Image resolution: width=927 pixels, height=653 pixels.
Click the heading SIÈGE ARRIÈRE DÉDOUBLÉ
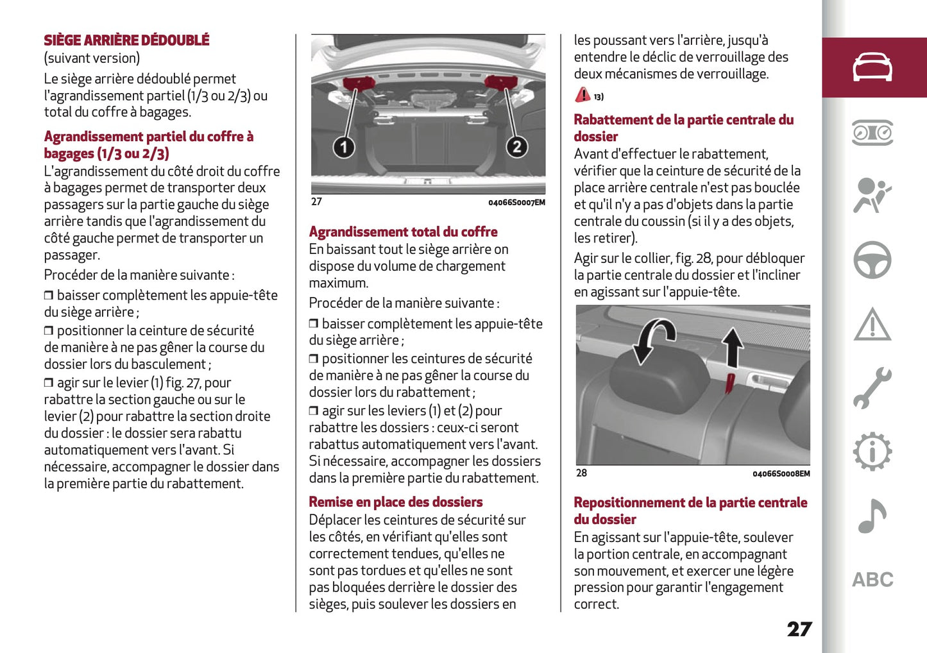(126, 40)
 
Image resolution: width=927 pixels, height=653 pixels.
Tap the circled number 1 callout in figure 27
(343, 148)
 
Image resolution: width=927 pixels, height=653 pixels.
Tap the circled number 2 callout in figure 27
(516, 147)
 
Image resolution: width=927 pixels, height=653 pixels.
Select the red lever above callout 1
(359, 83)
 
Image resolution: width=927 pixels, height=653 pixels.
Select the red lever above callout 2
(500, 82)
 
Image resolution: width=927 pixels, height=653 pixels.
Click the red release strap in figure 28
(729, 384)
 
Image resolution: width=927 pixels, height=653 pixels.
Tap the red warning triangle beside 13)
(583, 95)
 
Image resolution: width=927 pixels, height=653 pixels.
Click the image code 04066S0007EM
(516, 203)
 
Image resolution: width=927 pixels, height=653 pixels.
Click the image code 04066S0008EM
(781, 474)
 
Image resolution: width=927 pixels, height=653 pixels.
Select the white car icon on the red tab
(872, 67)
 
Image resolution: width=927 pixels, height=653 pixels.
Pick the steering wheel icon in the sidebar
(872, 260)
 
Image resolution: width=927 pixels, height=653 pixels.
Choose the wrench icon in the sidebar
(872, 388)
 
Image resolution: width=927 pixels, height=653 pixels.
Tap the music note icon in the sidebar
(872, 516)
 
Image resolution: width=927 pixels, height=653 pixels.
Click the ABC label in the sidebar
(872, 580)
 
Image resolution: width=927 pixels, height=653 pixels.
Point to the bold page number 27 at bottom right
(799, 629)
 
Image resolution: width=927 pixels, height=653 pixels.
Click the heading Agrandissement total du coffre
(403, 232)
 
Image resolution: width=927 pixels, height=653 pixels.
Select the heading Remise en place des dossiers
(395, 502)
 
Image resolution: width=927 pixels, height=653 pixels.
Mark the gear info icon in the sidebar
(872, 452)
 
